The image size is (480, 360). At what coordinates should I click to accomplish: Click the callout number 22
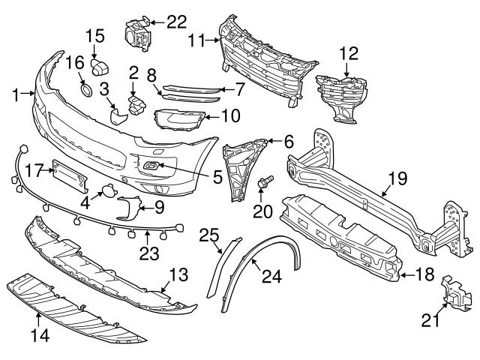[177, 21]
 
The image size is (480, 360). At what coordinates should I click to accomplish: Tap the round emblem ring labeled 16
[87, 91]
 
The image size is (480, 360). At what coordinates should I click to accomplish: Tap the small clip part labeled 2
[136, 103]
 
